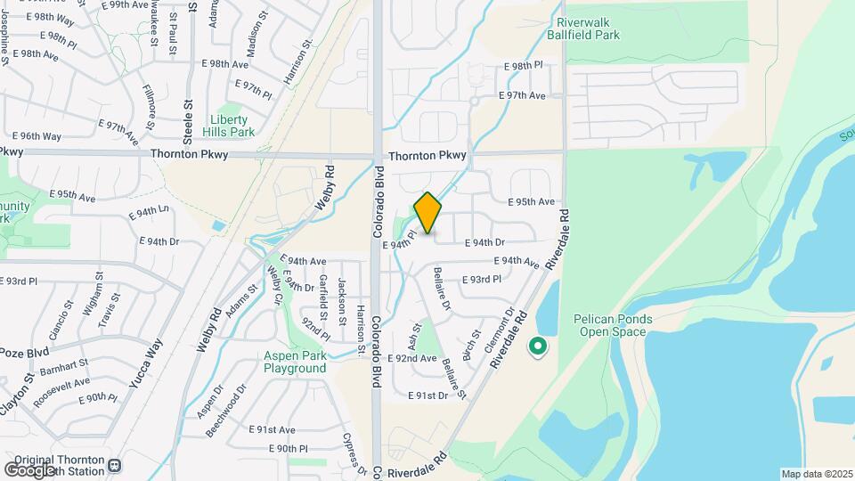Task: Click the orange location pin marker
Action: (x=428, y=213)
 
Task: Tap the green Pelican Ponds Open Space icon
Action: (x=538, y=346)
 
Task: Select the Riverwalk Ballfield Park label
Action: (x=589, y=29)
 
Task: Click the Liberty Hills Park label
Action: (x=232, y=126)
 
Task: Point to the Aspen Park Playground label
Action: (x=295, y=362)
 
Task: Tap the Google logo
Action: (x=29, y=469)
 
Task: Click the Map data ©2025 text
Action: (x=816, y=474)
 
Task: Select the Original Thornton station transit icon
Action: (x=114, y=464)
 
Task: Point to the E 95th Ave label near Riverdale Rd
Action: (x=532, y=201)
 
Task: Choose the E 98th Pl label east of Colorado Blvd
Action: (x=523, y=67)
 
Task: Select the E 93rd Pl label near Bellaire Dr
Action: (x=482, y=279)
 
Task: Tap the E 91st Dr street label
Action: (x=428, y=395)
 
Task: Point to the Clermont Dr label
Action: (x=500, y=331)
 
